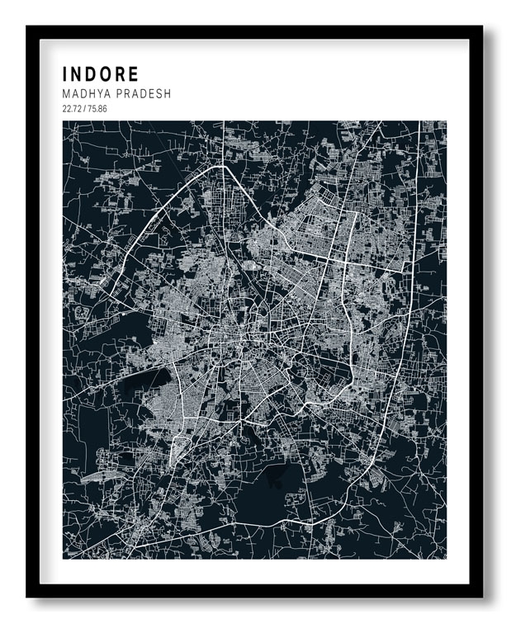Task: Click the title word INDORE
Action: click(x=101, y=75)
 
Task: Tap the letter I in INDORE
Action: click(x=65, y=75)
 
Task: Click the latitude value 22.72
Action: click(x=72, y=108)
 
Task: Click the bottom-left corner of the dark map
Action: click(x=64, y=558)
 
